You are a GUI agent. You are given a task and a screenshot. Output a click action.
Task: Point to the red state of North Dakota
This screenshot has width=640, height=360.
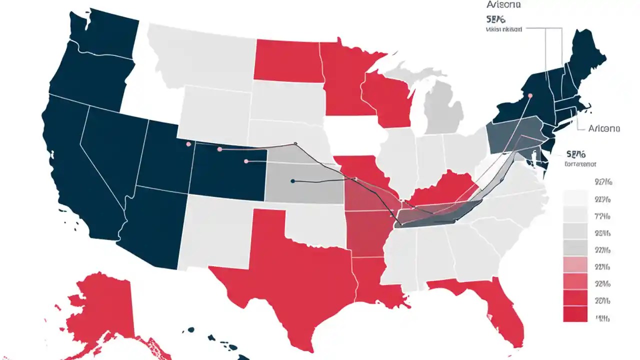tap(287, 60)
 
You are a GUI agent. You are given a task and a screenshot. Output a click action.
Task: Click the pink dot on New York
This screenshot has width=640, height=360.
tap(530, 95)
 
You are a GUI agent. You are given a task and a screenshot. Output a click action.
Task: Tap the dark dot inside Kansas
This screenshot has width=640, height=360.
tap(293, 181)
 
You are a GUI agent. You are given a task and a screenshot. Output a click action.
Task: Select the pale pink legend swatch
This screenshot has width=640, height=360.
tap(575, 264)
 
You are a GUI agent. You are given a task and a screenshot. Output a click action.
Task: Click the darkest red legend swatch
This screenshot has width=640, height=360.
tap(575, 314)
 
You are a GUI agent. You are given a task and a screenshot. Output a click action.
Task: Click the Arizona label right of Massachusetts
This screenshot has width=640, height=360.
tap(604, 128)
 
